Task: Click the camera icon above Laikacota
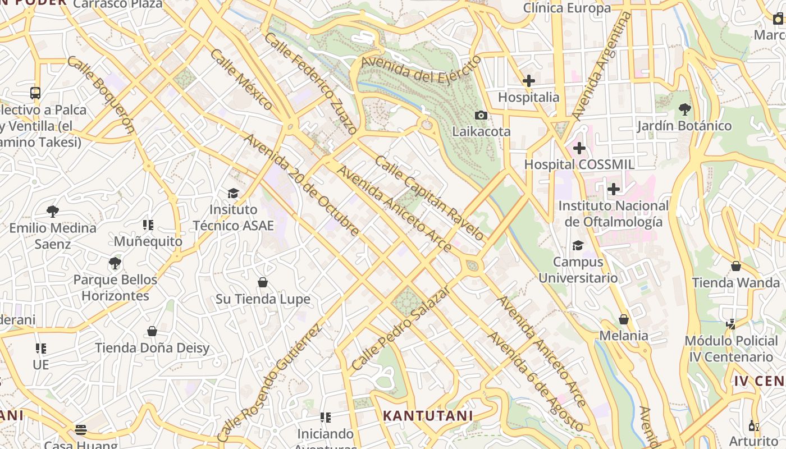click(x=481, y=115)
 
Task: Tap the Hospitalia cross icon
click(x=528, y=81)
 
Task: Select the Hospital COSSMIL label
click(x=579, y=164)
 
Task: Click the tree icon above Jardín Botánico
click(x=684, y=109)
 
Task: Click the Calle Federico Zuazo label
click(x=310, y=83)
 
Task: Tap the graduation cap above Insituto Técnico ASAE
click(x=233, y=194)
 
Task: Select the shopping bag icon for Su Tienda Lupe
click(x=262, y=282)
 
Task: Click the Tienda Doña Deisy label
click(x=152, y=348)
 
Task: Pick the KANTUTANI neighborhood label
click(x=428, y=416)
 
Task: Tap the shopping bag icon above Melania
click(x=624, y=319)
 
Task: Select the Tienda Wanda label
click(x=735, y=282)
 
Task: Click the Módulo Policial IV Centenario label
click(x=731, y=349)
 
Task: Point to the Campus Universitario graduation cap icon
click(x=578, y=245)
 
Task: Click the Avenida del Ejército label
click(x=421, y=70)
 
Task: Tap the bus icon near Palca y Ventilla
click(x=35, y=93)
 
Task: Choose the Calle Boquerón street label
click(x=101, y=94)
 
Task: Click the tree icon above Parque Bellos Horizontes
click(x=115, y=263)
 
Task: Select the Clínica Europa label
click(x=567, y=8)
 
